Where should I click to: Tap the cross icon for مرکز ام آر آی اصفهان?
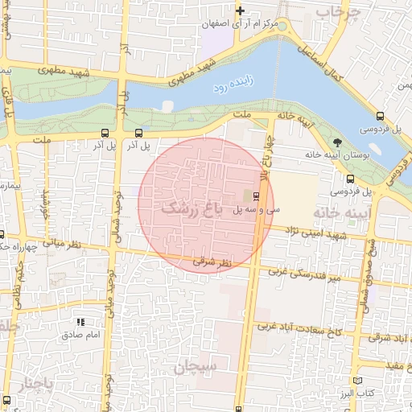tap(240, 10)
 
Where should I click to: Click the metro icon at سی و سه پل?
tap(257, 196)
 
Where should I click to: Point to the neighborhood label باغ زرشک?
tap(192, 207)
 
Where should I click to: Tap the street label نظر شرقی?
tap(212, 262)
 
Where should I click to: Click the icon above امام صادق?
tap(80, 321)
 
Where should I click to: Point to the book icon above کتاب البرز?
tap(358, 380)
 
